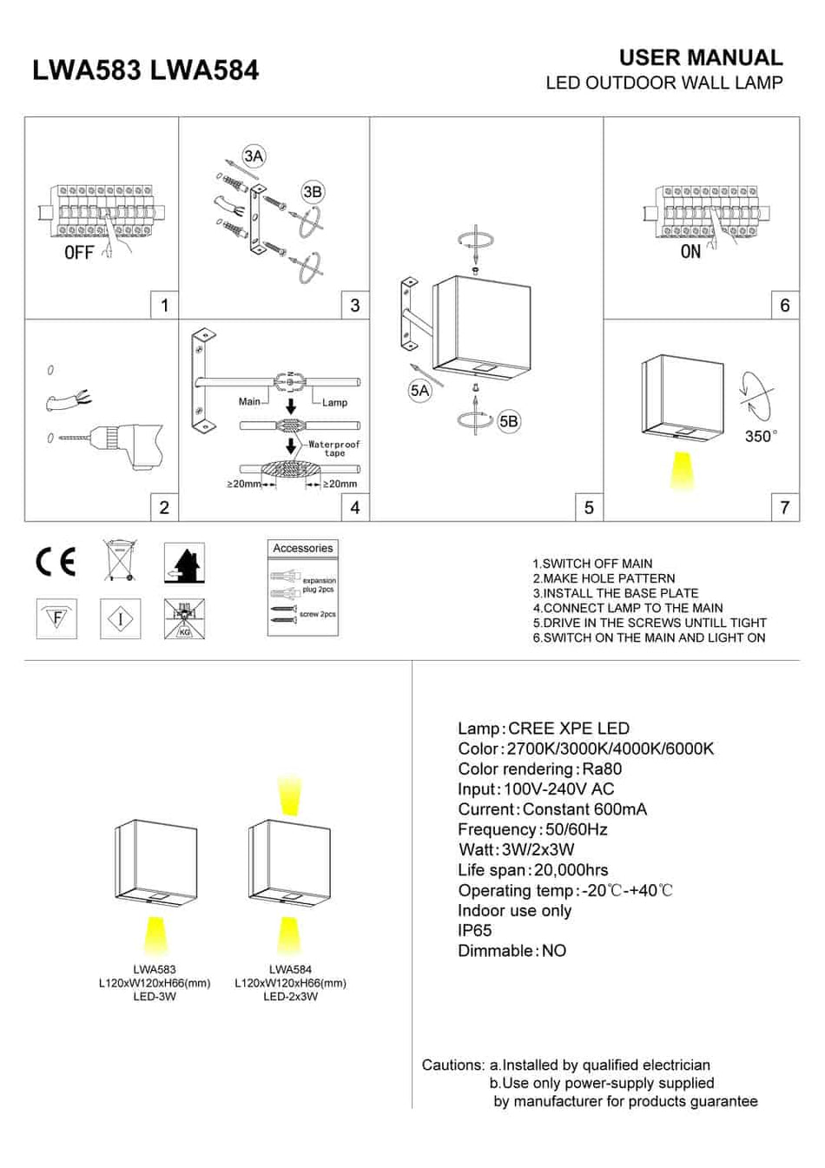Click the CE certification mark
point(56,562)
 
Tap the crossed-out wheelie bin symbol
point(120,561)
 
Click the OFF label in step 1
point(78,253)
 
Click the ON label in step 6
point(690,252)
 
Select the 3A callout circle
point(254,156)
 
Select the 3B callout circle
point(313,192)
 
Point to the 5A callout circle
point(419,391)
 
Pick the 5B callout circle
point(509,422)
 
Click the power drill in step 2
point(130,445)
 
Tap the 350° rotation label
point(761,437)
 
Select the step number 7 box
point(785,508)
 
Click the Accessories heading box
point(302,549)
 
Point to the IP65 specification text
point(475,930)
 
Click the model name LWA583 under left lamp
point(155,969)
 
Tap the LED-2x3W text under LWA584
point(290,997)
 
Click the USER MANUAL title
point(700,58)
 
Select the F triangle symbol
point(56,619)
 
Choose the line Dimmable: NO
point(511,951)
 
